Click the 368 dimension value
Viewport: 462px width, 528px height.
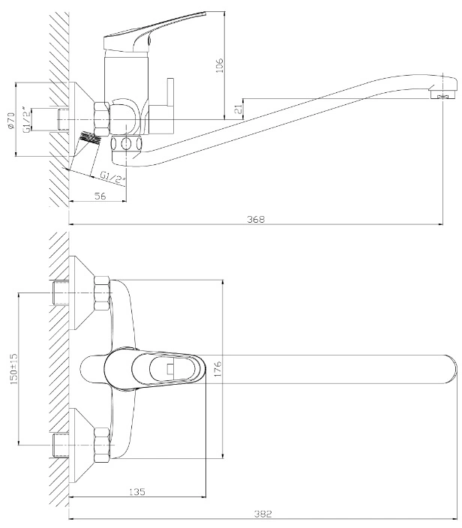[256, 219]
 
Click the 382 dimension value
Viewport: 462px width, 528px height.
[262, 514]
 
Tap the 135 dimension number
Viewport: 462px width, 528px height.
[137, 492]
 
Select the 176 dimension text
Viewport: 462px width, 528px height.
[217, 369]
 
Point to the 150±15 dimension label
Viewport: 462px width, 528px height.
[13, 369]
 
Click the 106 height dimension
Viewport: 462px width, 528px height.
[219, 66]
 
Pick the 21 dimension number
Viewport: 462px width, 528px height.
[238, 109]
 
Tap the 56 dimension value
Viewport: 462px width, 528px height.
[100, 196]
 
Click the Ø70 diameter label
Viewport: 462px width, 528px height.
[10, 120]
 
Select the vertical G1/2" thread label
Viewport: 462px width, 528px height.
[26, 120]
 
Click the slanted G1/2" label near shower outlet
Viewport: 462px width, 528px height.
[112, 178]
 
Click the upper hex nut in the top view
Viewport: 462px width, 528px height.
[102, 294]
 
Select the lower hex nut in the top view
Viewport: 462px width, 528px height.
[102, 445]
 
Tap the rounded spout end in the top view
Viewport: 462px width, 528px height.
[450, 369]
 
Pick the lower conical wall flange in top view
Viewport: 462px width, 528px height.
[81, 445]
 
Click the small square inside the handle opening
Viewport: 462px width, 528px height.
[170, 369]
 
